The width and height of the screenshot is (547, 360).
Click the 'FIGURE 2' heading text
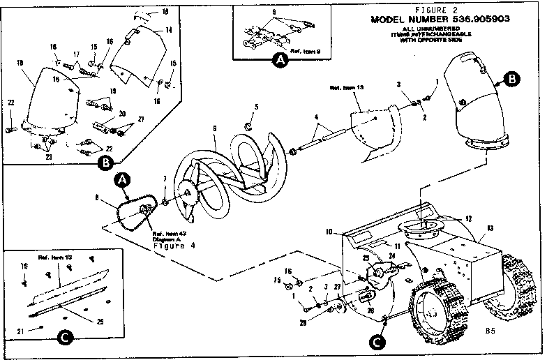pos(435,10)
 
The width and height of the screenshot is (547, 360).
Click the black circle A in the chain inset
pos(279,61)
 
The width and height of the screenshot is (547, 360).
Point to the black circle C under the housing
pos(377,342)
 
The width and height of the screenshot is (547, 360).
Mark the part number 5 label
pos(256,106)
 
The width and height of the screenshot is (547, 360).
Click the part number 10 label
pos(327,231)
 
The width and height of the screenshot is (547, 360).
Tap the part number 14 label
pos(168,31)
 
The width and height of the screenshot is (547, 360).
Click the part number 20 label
pos(121,114)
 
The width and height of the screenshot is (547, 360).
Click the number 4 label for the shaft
pos(315,117)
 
